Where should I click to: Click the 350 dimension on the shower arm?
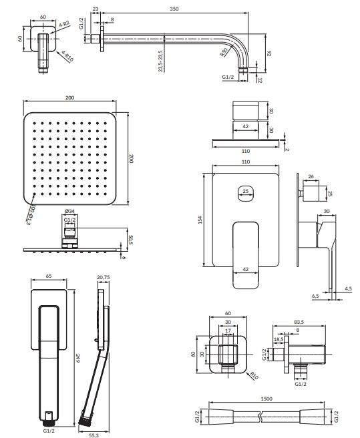click(x=174, y=9)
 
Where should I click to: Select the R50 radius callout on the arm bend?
click(x=224, y=52)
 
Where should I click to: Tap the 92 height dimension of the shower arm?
click(x=269, y=53)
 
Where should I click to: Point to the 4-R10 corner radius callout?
click(x=67, y=56)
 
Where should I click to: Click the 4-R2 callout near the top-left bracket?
click(x=64, y=24)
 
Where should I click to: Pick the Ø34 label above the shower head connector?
click(x=69, y=211)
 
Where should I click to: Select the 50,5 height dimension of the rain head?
click(x=130, y=240)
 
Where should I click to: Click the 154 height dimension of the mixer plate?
click(x=200, y=220)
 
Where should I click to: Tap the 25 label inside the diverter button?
click(x=245, y=192)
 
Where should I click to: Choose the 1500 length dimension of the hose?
click(x=266, y=399)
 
